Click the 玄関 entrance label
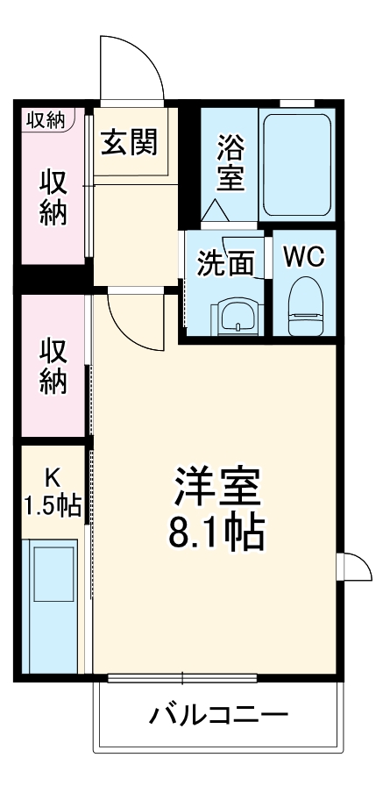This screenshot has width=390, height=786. click(x=133, y=141)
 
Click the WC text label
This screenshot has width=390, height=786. click(x=303, y=258)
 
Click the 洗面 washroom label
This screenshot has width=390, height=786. click(x=225, y=263)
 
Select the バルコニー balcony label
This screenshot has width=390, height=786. click(x=217, y=715)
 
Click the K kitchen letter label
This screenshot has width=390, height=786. click(x=53, y=476)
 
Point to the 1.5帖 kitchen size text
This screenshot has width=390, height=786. click(x=53, y=505)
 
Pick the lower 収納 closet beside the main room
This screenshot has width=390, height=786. click(x=53, y=366)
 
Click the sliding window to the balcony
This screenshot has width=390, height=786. click(x=182, y=677)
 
